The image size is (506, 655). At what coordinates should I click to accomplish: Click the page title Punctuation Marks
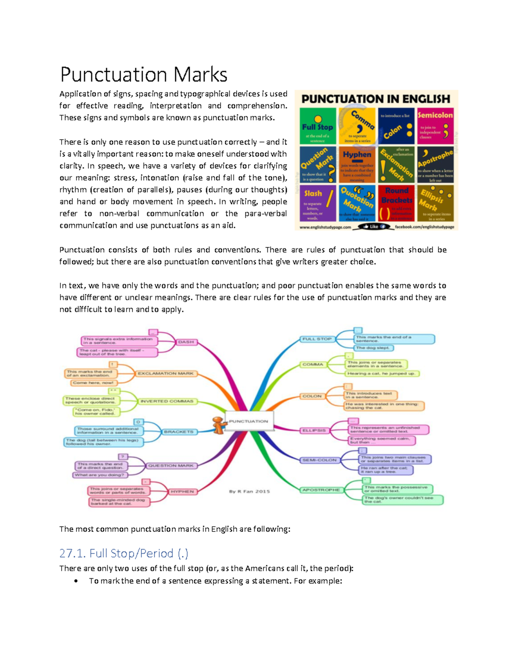[x=144, y=75]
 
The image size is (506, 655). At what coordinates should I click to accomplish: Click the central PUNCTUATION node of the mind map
[x=249, y=421]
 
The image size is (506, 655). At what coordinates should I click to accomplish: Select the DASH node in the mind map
[x=186, y=342]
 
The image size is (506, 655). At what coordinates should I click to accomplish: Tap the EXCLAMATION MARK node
[x=166, y=373]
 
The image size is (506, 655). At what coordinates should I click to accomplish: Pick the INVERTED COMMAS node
[x=167, y=401]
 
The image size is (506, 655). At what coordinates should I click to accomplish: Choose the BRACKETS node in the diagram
[x=179, y=432]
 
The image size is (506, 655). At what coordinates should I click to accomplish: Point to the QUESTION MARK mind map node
[x=171, y=466]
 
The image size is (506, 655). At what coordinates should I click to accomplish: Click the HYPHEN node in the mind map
[x=182, y=492]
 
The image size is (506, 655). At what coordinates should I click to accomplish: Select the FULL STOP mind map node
[x=317, y=339]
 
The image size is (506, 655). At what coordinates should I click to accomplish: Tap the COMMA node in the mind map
[x=313, y=364]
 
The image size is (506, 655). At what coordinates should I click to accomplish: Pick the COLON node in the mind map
[x=312, y=396]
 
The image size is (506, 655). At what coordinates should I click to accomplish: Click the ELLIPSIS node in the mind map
[x=314, y=430]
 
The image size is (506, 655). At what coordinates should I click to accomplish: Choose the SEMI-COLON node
[x=319, y=460]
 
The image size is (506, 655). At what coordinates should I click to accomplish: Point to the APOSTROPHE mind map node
[x=321, y=490]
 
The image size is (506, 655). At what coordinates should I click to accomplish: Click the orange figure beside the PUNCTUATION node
[x=218, y=425]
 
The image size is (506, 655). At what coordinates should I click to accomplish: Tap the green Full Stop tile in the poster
[x=318, y=126]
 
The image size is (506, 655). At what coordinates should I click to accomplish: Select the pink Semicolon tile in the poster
[x=435, y=126]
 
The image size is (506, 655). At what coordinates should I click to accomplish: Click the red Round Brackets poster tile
[x=396, y=203]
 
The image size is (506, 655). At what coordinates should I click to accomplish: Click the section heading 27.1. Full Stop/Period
[x=124, y=553]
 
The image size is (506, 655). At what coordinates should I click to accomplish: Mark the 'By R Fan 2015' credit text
[x=249, y=491]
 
